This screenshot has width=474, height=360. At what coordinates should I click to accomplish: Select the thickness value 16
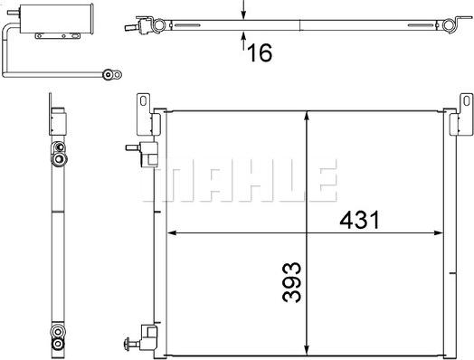pos(259,52)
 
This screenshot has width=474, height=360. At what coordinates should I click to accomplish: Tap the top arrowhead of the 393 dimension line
pos(309,117)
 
